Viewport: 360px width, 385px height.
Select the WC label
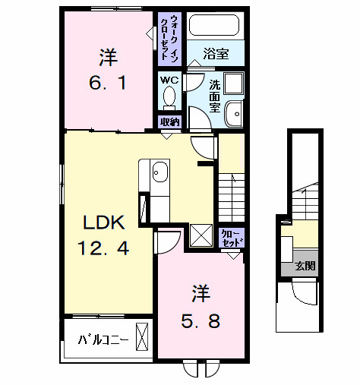coord(168,78)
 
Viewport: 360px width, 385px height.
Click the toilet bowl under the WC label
coord(169,96)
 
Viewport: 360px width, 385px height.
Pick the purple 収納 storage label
coord(169,121)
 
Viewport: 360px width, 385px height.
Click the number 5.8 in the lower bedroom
coord(201,320)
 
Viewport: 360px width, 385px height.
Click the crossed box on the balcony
coord(141,336)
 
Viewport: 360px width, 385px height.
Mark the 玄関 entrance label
coord(305,267)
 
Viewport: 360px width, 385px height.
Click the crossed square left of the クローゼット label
coord(201,235)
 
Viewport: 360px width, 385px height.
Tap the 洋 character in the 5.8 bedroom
coord(200,291)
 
